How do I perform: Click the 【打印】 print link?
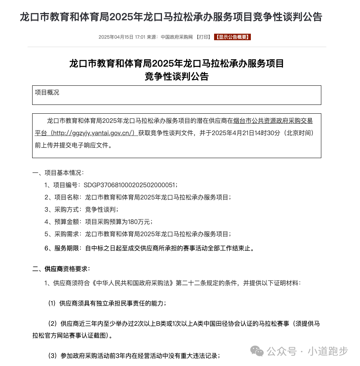click(x=203, y=37)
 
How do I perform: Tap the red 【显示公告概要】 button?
click(x=232, y=37)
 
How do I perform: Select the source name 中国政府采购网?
click(x=177, y=37)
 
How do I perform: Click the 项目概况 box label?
click(x=47, y=92)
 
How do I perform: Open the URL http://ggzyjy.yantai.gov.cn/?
click(x=94, y=133)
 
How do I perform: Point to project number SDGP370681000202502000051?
click(x=130, y=185)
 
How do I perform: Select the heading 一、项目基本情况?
click(x=57, y=173)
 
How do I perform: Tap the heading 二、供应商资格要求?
click(x=61, y=269)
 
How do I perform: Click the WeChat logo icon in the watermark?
click(x=257, y=351)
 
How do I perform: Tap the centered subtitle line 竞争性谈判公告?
click(x=177, y=76)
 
